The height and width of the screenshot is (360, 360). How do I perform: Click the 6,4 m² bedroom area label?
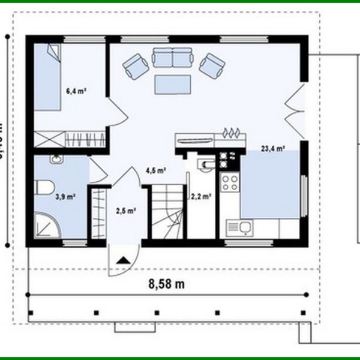click(x=76, y=91)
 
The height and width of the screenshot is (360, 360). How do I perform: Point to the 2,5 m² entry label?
click(x=126, y=210)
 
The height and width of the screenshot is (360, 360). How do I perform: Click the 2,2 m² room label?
click(x=199, y=196)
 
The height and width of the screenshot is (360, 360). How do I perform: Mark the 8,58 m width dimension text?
click(x=166, y=284)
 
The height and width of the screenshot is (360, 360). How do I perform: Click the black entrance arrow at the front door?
click(x=124, y=260)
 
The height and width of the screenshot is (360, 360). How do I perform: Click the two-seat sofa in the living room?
click(x=172, y=58)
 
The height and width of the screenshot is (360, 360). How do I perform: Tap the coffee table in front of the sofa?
click(x=172, y=83)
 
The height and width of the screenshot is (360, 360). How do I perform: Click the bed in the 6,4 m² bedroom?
click(x=47, y=78)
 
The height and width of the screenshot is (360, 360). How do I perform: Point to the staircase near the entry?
click(x=166, y=213)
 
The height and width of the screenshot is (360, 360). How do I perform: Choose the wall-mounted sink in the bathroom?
click(x=56, y=159)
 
